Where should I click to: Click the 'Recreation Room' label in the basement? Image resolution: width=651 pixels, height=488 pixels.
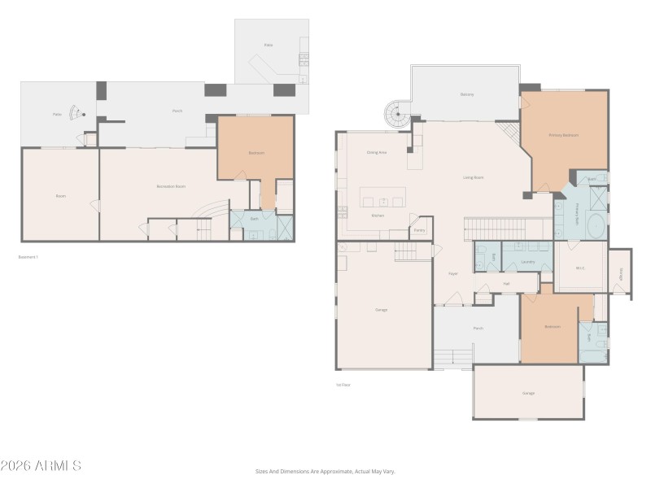click(x=171, y=186)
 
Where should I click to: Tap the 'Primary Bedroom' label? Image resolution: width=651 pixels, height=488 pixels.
click(x=563, y=135)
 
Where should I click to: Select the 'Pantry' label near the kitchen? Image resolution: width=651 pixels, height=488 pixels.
click(x=419, y=230)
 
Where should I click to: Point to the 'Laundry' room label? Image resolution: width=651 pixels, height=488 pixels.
click(x=527, y=262)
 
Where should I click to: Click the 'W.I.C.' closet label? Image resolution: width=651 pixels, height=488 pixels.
click(x=580, y=268)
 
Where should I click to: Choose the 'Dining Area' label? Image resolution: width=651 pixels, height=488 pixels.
click(x=376, y=152)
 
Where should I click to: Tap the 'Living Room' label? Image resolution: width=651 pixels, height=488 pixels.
click(x=474, y=176)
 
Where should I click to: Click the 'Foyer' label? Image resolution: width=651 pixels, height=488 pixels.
click(x=453, y=273)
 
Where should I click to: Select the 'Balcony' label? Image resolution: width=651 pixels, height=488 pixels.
click(x=467, y=94)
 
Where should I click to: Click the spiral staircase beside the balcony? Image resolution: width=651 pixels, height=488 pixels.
click(x=398, y=115)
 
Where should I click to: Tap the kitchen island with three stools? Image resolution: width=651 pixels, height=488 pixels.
click(x=382, y=198)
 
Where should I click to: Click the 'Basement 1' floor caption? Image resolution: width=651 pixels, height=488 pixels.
click(x=28, y=257)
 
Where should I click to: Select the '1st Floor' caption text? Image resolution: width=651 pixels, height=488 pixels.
click(x=343, y=385)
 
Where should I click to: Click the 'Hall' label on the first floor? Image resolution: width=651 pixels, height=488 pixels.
click(x=506, y=283)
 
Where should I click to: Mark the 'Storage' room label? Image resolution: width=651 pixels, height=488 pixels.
click(x=620, y=273)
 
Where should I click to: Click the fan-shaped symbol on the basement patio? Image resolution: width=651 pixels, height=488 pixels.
click(x=75, y=113)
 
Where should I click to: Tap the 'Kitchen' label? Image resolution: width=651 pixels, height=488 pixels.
click(x=377, y=216)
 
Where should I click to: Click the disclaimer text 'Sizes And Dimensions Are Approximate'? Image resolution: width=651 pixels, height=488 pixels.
click(x=325, y=471)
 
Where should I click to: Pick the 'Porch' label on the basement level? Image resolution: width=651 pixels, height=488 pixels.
click(x=177, y=111)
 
